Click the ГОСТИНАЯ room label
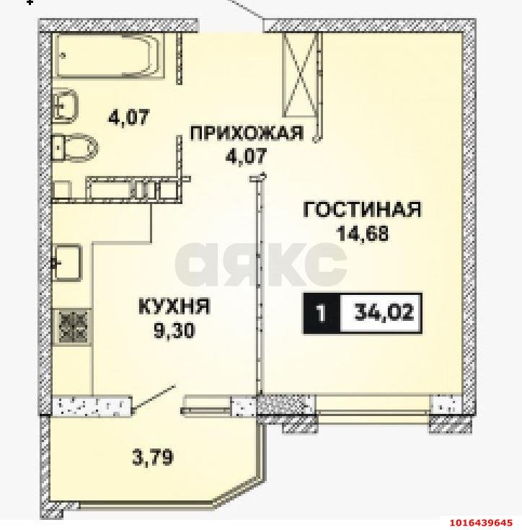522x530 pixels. [x=362, y=210]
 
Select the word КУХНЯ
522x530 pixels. [x=174, y=307]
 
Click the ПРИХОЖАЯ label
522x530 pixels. [x=244, y=132]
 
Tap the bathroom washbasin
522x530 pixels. [x=66, y=105]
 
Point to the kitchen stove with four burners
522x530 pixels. [x=73, y=325]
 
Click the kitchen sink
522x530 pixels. [x=68, y=262]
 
